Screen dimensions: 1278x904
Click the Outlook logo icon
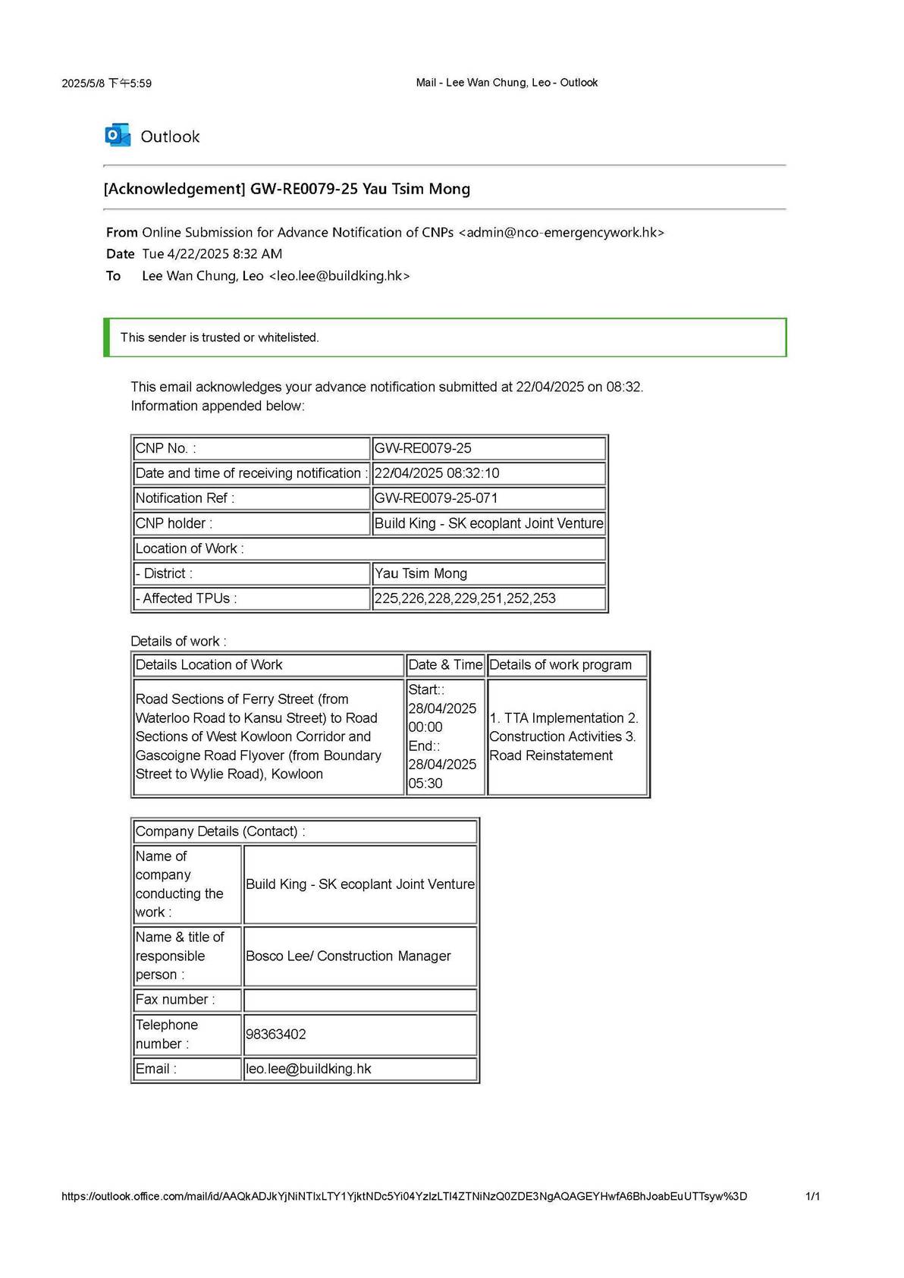tap(118, 136)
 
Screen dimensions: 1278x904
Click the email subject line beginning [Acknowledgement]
tap(287, 189)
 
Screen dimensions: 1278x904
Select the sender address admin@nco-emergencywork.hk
tap(561, 233)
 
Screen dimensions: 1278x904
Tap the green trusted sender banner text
tap(219, 338)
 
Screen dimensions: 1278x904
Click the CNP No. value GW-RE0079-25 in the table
tap(423, 448)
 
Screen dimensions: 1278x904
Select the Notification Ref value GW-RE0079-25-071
tap(436, 498)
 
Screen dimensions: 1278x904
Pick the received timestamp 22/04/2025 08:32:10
tap(437, 473)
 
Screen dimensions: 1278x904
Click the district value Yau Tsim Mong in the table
tap(421, 573)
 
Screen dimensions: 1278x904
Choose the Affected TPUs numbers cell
tap(465, 598)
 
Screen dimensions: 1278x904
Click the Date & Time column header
tap(445, 665)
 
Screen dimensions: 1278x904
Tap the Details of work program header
tap(560, 665)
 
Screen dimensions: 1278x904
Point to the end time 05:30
tap(425, 783)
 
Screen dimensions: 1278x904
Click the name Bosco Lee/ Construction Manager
tap(348, 956)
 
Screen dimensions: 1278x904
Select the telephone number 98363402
tap(276, 1035)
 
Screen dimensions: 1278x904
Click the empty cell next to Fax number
tap(359, 1000)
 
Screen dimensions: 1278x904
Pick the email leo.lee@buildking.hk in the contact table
tap(309, 1069)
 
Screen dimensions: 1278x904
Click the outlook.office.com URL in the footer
tap(403, 1196)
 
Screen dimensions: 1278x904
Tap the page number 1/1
tap(812, 1196)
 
